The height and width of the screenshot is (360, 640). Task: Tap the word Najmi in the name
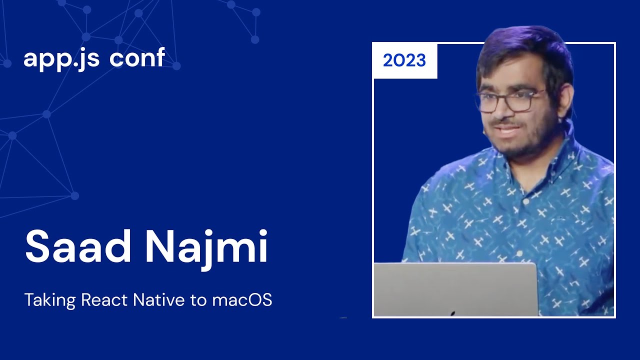[x=206, y=247]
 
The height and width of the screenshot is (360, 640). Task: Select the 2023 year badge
[x=404, y=61]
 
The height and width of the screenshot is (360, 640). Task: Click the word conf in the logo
[x=137, y=58]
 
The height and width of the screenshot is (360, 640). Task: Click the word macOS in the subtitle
[x=242, y=300]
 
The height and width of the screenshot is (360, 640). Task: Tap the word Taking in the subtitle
[x=50, y=300]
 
